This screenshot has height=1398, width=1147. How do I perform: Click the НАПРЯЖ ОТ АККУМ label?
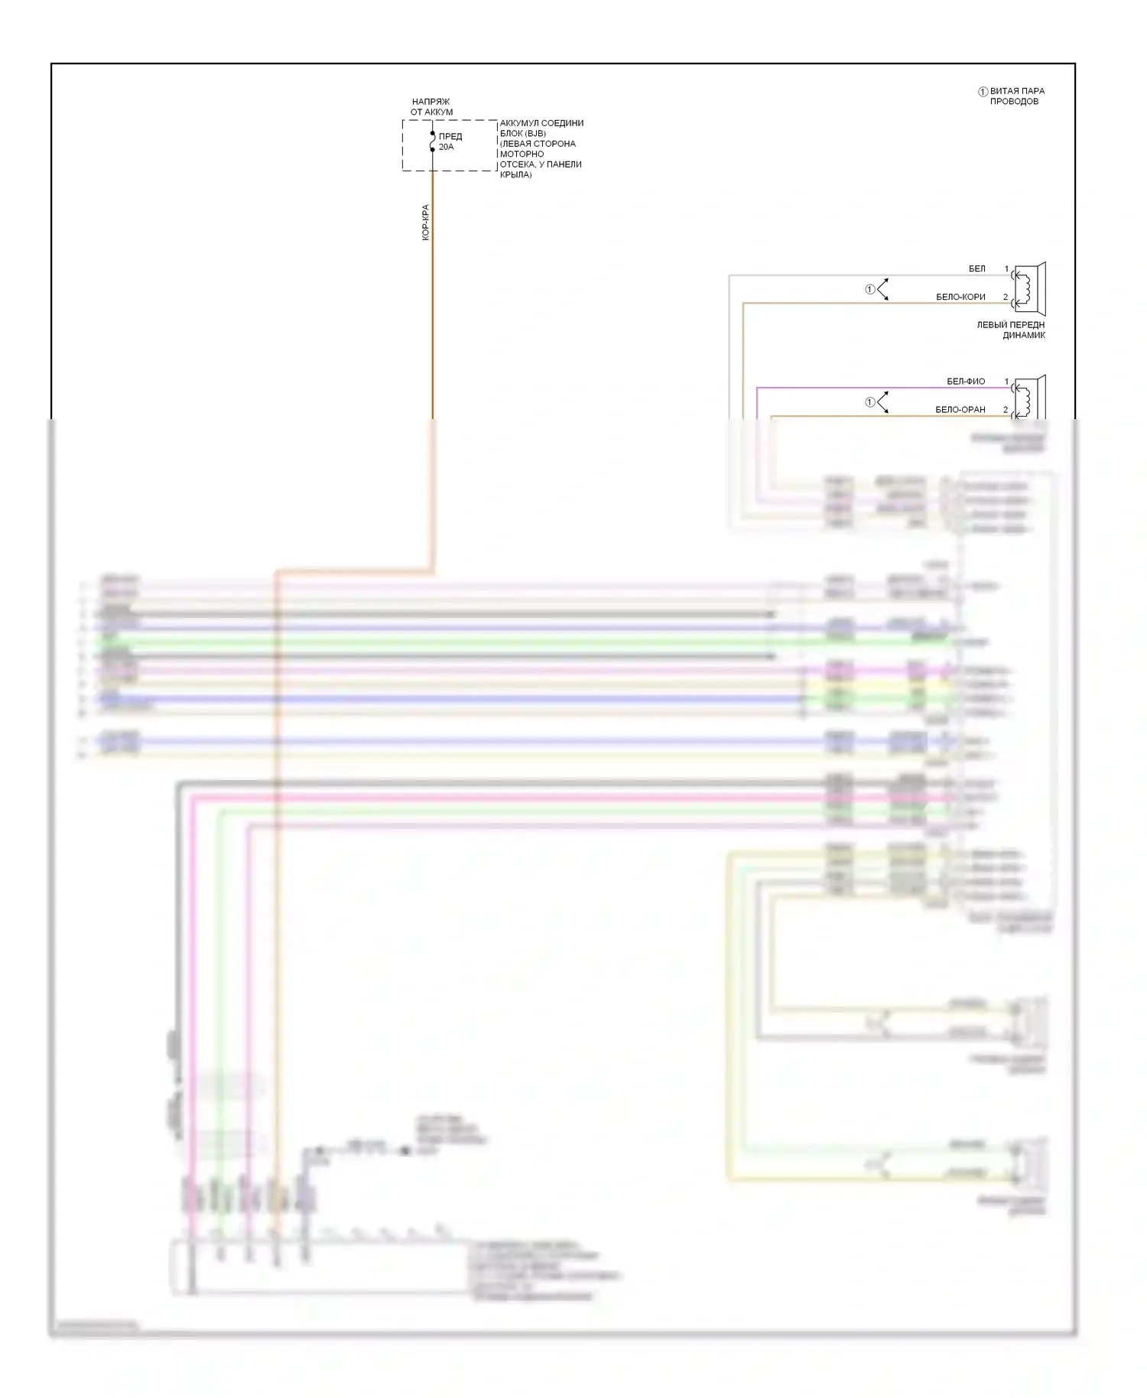click(x=431, y=106)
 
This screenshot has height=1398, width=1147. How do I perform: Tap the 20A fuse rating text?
click(x=446, y=147)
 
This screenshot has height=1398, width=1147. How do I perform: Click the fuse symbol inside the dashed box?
click(x=432, y=141)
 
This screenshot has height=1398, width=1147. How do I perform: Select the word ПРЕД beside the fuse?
click(x=450, y=136)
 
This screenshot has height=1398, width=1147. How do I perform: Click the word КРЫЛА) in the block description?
click(x=516, y=174)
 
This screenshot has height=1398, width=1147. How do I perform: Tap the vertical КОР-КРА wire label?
click(x=426, y=223)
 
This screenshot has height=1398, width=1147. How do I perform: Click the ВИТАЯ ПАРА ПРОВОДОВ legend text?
click(x=1016, y=96)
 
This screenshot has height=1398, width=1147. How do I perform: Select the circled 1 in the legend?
click(x=983, y=92)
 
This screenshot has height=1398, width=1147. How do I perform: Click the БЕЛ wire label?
click(x=976, y=268)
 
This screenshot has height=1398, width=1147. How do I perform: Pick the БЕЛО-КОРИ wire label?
click(x=960, y=297)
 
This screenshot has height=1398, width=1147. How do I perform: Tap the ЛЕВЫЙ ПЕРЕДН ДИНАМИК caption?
click(x=1010, y=330)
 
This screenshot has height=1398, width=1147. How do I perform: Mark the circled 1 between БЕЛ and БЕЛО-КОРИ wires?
click(x=869, y=289)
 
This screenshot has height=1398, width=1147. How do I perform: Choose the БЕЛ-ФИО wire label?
click(x=966, y=381)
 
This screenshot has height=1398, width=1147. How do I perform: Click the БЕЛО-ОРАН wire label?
click(x=960, y=409)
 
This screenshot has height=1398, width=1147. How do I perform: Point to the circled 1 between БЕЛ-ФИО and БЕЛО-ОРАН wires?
click(x=869, y=402)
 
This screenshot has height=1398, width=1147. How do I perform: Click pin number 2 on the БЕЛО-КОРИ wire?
click(x=1006, y=297)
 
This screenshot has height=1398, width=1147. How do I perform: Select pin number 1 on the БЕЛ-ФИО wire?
click(x=1006, y=381)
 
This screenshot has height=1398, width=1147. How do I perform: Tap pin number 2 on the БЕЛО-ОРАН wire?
click(x=1006, y=409)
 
